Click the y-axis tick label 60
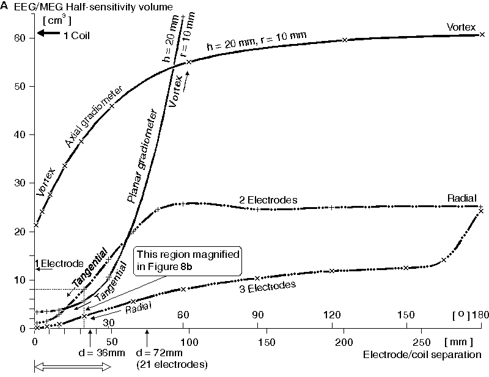20,38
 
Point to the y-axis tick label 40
20,134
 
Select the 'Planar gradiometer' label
142,156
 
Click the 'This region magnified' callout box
188,258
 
